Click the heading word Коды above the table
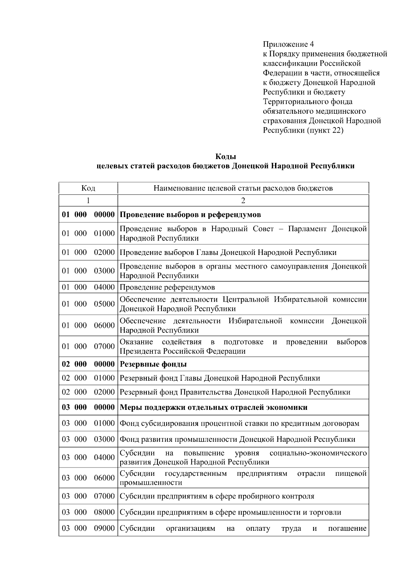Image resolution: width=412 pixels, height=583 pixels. click(225, 157)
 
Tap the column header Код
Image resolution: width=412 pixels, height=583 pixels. click(88, 188)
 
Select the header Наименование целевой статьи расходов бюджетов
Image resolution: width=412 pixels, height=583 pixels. click(243, 188)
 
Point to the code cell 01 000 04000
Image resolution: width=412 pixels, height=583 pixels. click(88, 287)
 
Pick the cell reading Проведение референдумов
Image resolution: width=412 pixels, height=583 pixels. click(167, 287)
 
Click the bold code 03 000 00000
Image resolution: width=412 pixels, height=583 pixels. click(88, 407)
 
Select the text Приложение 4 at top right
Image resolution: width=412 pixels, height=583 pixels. click(288, 44)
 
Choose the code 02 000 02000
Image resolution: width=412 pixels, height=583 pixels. click(88, 392)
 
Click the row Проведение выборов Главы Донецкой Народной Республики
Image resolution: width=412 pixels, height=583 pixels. click(228, 253)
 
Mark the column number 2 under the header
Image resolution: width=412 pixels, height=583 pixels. click(243, 200)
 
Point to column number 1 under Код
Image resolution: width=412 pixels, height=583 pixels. click(88, 200)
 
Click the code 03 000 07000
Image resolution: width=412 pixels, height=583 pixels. click(88, 496)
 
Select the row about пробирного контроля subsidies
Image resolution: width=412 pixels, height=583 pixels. click(217, 496)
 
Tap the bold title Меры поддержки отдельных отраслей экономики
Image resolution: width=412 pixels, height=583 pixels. click(213, 407)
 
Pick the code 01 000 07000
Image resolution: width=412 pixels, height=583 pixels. click(88, 346)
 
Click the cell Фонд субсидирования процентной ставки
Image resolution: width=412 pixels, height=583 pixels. click(239, 423)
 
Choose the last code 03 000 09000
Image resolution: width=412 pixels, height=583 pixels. click(88, 528)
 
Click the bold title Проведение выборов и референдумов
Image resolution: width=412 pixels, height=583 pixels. click(190, 215)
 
